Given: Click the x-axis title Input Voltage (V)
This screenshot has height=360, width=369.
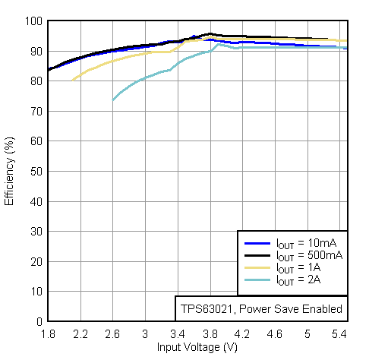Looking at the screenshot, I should pos(197,347).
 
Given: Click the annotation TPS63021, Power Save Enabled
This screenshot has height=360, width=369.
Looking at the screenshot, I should pos(261,309).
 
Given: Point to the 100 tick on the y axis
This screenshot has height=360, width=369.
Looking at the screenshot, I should pos(35,21).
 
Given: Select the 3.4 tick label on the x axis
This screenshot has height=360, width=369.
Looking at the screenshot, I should pos(178,333).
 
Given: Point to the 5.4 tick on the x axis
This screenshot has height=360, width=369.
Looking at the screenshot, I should pos(339,333).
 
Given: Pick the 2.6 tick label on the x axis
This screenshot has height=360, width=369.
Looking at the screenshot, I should pos(112,333).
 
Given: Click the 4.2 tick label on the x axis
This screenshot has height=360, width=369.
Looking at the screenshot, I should pos(242,333).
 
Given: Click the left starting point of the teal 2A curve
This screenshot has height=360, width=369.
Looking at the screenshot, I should pos(113,100).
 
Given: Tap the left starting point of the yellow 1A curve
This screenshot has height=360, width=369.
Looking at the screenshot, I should pos(72,80).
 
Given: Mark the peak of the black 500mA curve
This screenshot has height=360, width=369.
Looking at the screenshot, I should pos(210,33).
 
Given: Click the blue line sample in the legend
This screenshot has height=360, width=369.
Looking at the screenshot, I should pos(257,244).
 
